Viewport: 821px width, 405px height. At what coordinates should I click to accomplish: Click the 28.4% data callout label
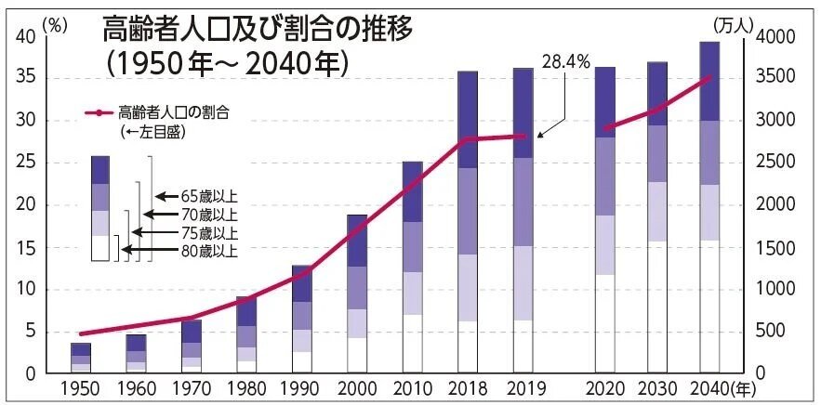point(564,61)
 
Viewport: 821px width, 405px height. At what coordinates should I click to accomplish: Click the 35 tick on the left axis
point(26,78)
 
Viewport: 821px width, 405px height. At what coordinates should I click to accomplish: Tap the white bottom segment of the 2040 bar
point(709,307)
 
